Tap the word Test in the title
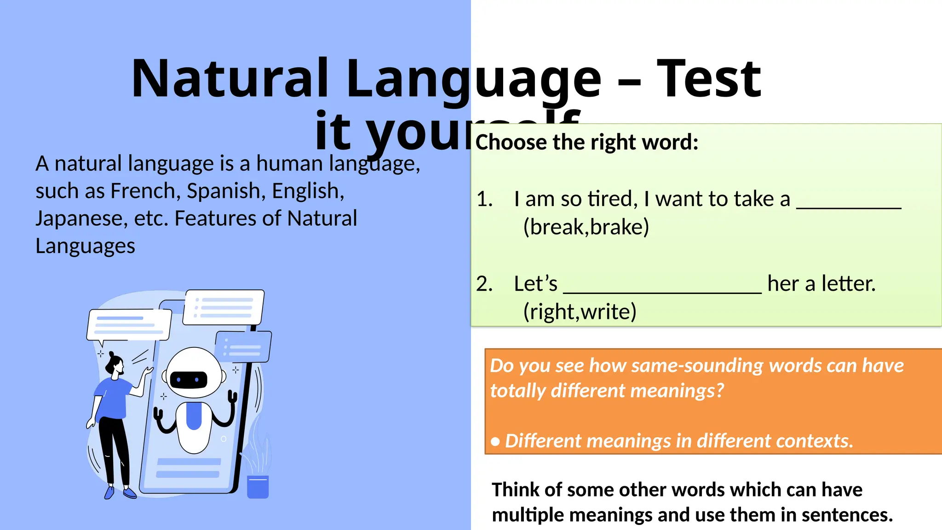coord(709,79)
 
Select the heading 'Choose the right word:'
coord(586,142)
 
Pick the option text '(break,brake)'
coord(586,227)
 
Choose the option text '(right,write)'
coord(580,312)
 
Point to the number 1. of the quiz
coord(484,199)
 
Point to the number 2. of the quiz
coord(484,284)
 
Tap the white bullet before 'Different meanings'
coord(495,442)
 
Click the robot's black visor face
coord(189,380)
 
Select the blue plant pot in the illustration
coord(258,487)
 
